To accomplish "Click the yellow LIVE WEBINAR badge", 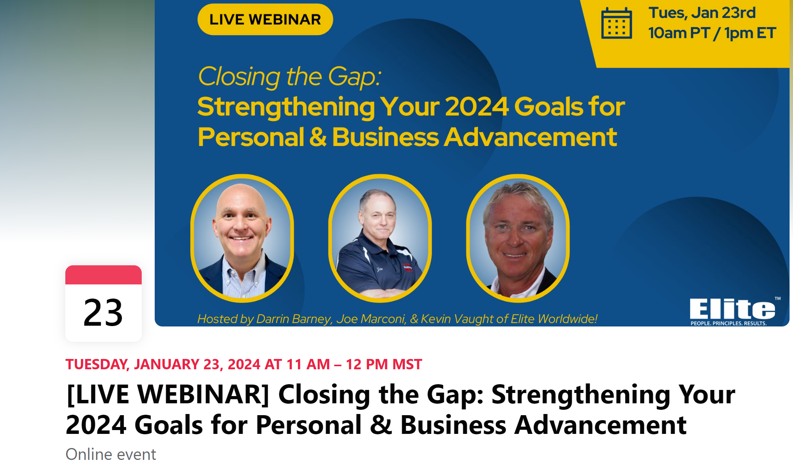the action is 265,19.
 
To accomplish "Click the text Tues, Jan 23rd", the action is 702,13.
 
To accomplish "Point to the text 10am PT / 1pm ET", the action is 712,33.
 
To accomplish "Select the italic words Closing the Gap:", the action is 290,77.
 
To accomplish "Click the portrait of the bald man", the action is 242,238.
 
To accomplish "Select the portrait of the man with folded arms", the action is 380,238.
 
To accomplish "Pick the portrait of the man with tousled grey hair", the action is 518,238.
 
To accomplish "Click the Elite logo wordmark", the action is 733,309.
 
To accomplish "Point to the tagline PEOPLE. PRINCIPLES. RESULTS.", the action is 728,323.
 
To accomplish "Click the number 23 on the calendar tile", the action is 103,313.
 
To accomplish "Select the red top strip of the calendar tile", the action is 104,275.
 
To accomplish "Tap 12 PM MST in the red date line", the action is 384,364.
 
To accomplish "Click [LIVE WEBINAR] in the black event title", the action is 168,395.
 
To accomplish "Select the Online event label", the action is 111,455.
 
